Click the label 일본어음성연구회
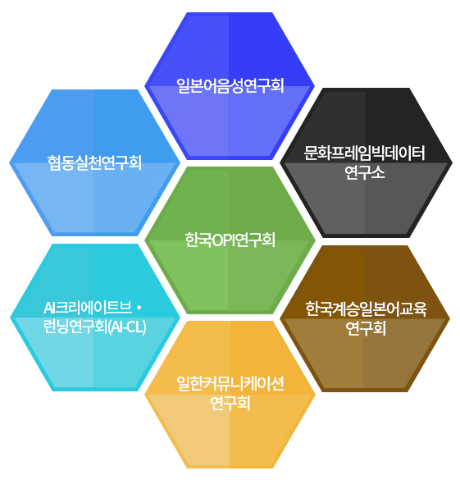(230, 85)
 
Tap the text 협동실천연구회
(94, 162)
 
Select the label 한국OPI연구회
(230, 240)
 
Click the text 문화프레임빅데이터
(365, 153)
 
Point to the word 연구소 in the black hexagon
(365, 172)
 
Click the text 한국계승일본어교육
(366, 309)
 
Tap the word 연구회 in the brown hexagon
(366, 328)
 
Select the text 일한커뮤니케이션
(230, 383)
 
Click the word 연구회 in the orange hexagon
(230, 403)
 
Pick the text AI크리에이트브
(88, 308)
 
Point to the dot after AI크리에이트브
(139, 308)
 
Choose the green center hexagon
(230, 240)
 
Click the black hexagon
(366, 162)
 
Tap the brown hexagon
(365, 318)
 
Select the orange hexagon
(230, 395)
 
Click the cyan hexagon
(95, 318)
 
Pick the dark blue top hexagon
(230, 86)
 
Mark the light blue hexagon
(95, 162)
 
